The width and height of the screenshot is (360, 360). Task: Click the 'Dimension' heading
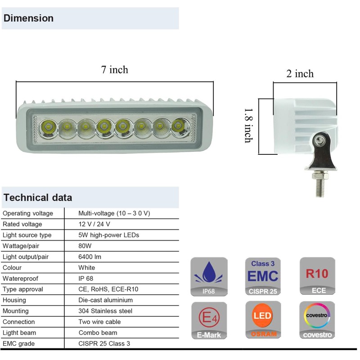[28, 18]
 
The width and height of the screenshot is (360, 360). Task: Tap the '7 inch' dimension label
[115, 70]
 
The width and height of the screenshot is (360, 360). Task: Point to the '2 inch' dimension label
[300, 74]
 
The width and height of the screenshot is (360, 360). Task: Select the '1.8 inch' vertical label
[248, 126]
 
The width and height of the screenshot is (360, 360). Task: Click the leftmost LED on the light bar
[48, 127]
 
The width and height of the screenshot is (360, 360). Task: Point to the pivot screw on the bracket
[319, 140]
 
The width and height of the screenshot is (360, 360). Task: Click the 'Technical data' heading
[38, 198]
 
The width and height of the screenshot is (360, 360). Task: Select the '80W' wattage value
[85, 246]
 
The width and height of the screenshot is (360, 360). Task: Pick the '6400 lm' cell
[90, 256]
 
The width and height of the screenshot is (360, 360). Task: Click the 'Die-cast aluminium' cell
[106, 300]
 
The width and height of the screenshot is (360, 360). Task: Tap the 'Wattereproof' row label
[20, 279]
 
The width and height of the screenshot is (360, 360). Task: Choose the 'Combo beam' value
[98, 333]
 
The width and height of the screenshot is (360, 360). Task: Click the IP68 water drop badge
[209, 277]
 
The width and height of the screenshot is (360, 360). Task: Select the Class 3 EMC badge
[263, 276]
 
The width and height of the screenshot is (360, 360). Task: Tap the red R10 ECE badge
[317, 276]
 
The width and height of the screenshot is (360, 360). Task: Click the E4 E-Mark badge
[209, 320]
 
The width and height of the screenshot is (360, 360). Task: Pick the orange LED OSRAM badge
[263, 320]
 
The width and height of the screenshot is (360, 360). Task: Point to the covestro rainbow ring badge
[317, 320]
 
